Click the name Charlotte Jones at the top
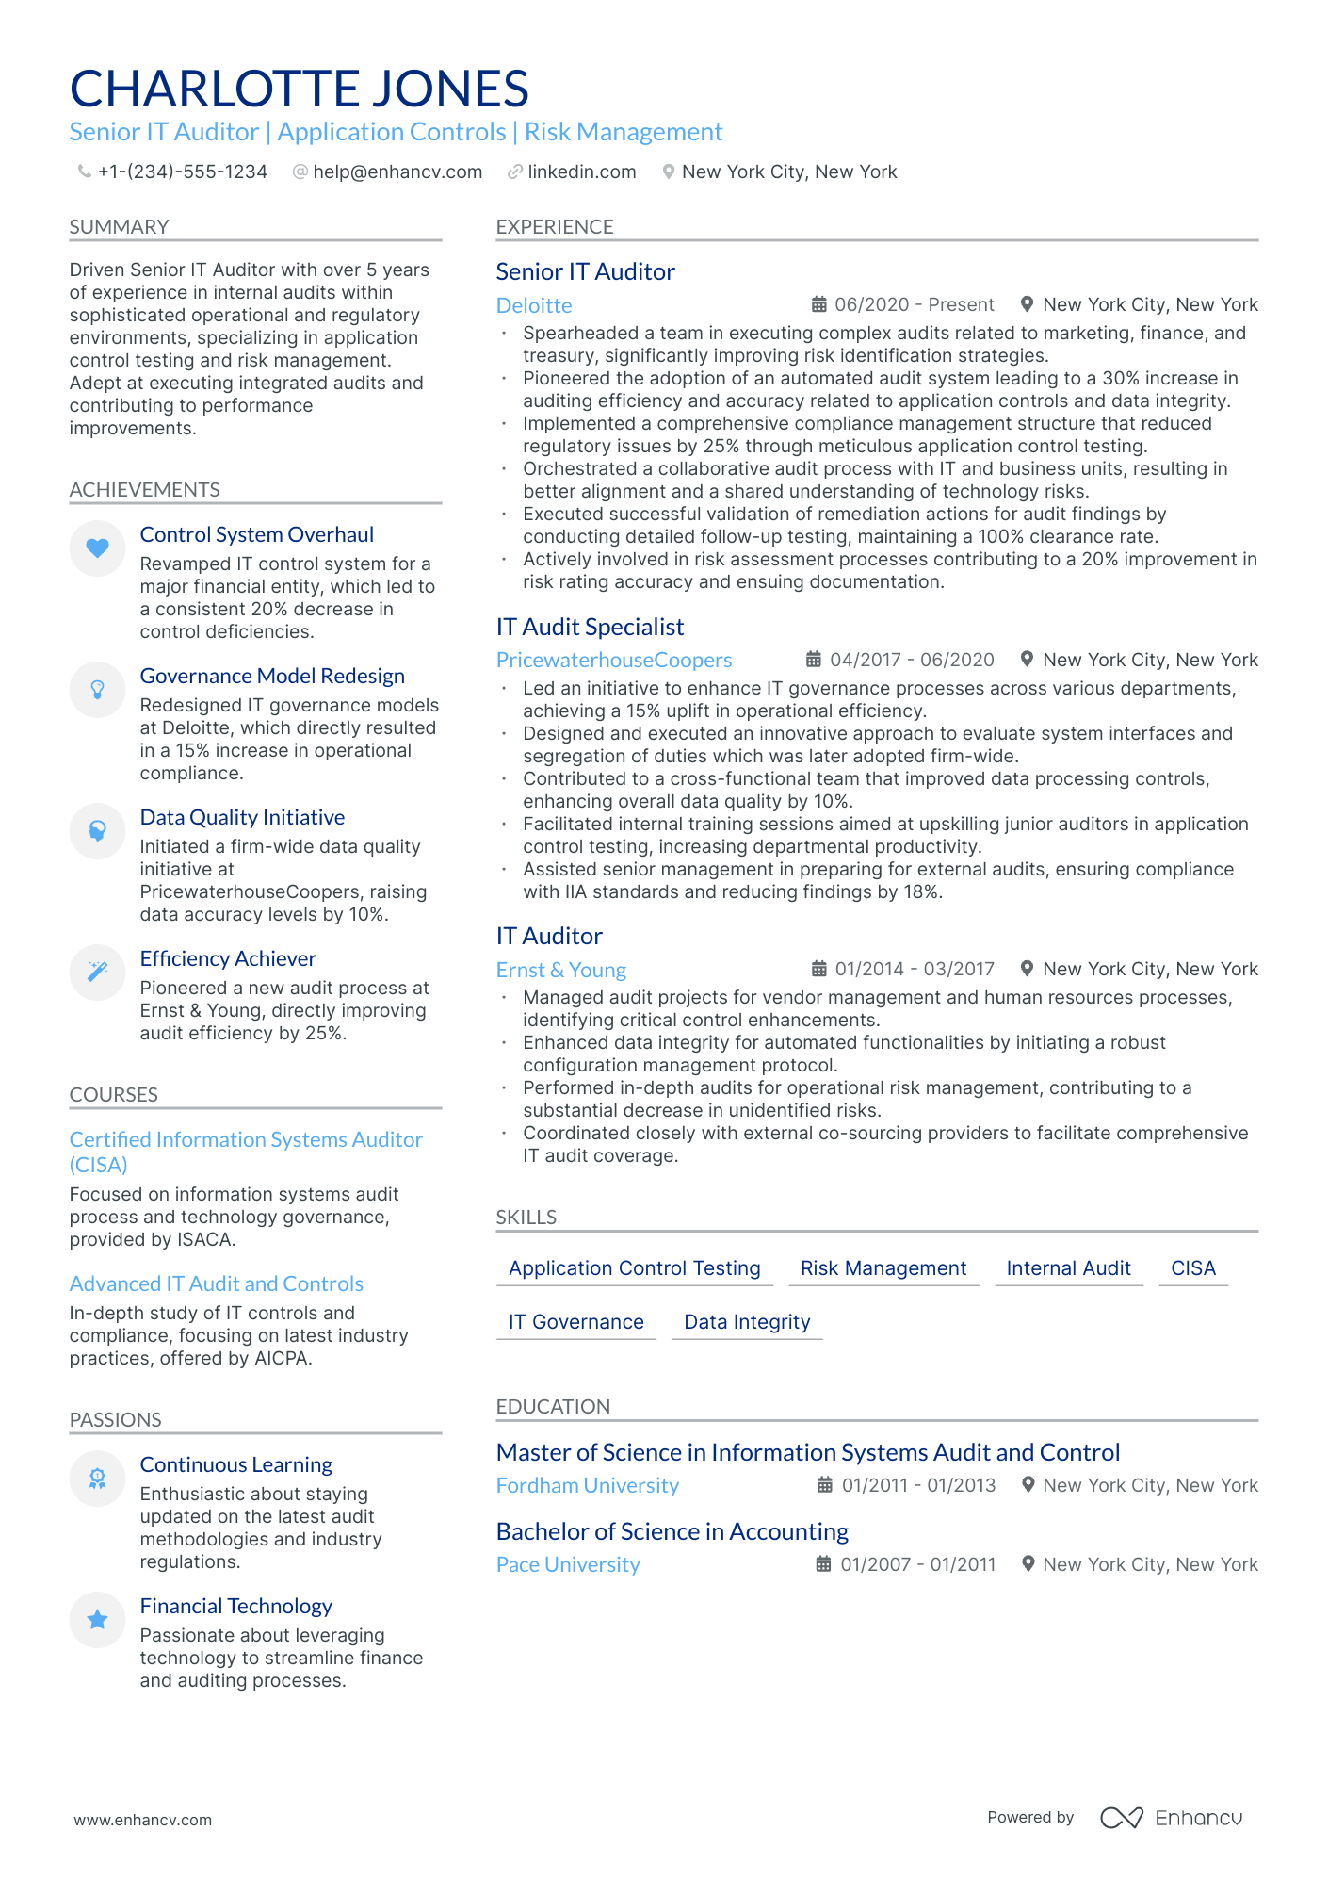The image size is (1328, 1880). [299, 90]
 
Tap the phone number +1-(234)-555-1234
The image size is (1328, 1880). [182, 172]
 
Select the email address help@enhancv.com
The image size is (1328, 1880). [397, 172]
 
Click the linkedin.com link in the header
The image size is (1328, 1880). [581, 172]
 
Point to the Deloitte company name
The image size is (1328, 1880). [534, 306]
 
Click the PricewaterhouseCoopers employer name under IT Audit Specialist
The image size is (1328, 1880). [613, 661]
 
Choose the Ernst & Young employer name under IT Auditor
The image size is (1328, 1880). [560, 971]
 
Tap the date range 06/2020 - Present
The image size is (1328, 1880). [914, 305]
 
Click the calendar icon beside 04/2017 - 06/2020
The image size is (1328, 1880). [814, 660]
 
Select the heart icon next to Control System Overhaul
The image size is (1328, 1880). [97, 548]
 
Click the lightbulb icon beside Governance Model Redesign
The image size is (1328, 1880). [97, 690]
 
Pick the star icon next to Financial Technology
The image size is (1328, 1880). [97, 1620]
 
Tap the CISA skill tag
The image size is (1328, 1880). [1192, 1268]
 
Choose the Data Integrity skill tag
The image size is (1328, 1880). [747, 1322]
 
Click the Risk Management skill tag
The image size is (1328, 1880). [883, 1268]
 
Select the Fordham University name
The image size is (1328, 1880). [587, 1486]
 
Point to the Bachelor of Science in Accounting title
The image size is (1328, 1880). [672, 1532]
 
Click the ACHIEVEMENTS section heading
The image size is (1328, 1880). [144, 490]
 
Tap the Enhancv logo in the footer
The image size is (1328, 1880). [1171, 1818]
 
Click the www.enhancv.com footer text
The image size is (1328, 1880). [142, 1821]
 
